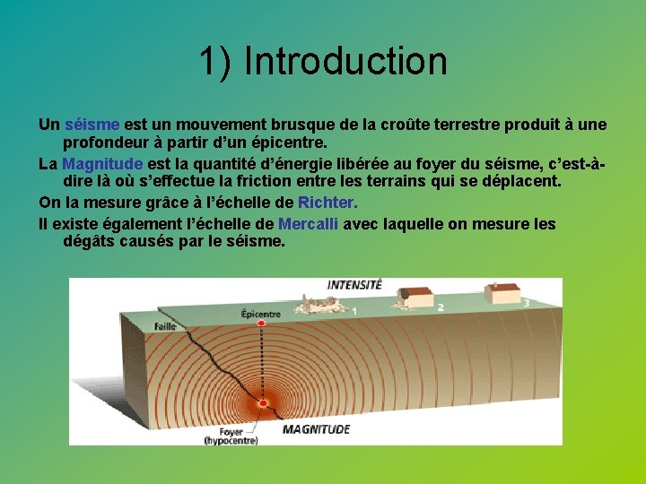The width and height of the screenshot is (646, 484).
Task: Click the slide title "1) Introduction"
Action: [x=322, y=61]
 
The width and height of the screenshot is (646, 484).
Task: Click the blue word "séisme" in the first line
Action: [x=92, y=124]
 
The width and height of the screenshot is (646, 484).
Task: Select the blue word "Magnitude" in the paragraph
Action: [x=102, y=163]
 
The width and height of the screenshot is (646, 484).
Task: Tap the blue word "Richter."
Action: [x=321, y=203]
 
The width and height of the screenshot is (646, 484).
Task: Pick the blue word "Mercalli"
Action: [x=308, y=223]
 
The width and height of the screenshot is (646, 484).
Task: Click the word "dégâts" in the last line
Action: [x=90, y=241]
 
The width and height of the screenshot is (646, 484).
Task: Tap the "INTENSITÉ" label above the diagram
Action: [x=354, y=285]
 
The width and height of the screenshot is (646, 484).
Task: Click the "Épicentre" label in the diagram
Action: [x=260, y=314]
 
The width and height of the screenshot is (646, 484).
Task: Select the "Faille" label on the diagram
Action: [x=164, y=327]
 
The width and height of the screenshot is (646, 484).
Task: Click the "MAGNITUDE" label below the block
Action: [x=316, y=430]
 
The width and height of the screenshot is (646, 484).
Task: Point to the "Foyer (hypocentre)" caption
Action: [x=231, y=435]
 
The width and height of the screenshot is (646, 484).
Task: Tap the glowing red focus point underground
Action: [x=263, y=403]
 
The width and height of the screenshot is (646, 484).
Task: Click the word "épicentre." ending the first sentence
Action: [x=286, y=143]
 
